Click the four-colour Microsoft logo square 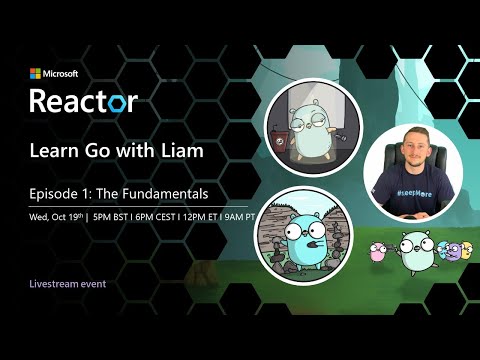tap(34, 73)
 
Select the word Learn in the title tap(53, 151)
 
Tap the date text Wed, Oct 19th tap(56, 215)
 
